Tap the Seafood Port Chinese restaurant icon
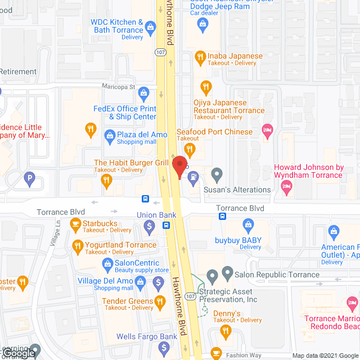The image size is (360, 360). [190, 149]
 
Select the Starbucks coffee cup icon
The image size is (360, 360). [75, 224]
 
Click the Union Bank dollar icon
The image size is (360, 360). [149, 227]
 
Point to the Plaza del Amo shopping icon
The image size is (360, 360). [110, 134]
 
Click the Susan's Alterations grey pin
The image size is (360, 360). [217, 174]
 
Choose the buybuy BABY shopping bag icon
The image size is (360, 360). [247, 226]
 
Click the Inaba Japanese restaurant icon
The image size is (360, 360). [200, 56]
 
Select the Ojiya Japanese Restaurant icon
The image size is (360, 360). [206, 87]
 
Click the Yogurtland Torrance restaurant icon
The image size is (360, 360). [78, 245]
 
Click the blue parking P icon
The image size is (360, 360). [29, 179]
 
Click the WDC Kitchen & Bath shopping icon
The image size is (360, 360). [150, 26]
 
